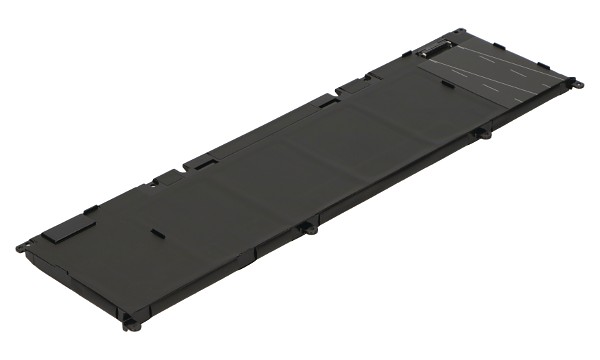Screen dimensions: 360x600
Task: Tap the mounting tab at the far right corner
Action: click(571, 82)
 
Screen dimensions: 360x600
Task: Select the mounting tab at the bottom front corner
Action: click(127, 322)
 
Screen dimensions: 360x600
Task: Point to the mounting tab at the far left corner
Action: click(21, 247)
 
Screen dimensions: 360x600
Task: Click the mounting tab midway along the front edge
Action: click(310, 229)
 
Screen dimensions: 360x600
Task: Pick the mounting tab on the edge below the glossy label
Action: click(482, 132)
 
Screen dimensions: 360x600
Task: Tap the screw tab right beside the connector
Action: click(459, 34)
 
